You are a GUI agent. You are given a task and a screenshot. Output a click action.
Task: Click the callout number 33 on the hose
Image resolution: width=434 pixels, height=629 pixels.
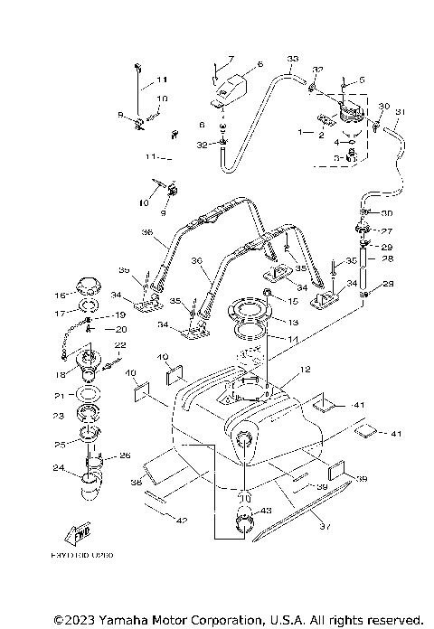click(x=291, y=60)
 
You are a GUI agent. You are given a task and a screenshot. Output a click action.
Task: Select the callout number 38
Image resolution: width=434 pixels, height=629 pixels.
click(x=137, y=483)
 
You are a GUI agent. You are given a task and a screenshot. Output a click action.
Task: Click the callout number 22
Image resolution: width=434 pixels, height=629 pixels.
click(x=118, y=345)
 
